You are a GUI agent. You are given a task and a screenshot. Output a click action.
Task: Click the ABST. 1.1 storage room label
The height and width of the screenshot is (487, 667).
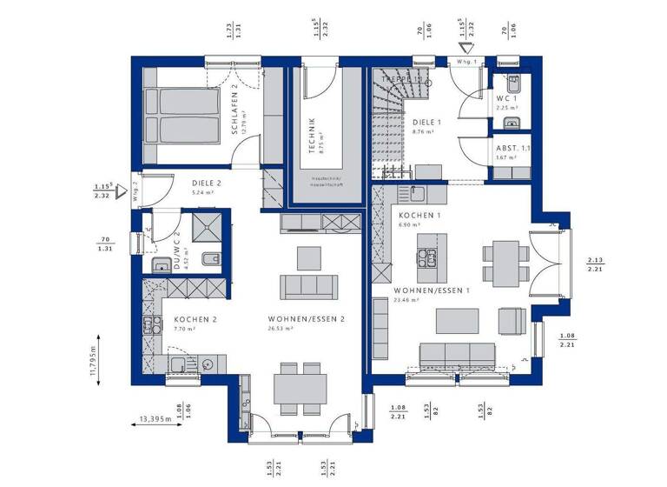pyautogui.click(x=512, y=149)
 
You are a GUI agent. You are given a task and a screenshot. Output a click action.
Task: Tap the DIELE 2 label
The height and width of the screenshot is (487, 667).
pyautogui.click(x=207, y=183)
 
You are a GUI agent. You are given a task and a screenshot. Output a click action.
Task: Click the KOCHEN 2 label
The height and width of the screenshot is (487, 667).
pyautogui.click(x=195, y=320)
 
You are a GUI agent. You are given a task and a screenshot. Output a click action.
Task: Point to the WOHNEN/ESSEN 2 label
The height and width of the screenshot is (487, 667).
pyautogui.click(x=307, y=320)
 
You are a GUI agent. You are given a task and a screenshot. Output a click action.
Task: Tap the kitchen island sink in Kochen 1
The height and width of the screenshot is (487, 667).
pyautogui.click(x=426, y=257)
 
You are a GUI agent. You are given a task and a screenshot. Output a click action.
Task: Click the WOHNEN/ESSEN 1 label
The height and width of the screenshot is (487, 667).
pyautogui.click(x=431, y=290)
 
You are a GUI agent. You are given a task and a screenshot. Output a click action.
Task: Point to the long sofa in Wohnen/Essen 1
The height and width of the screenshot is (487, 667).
pyautogui.click(x=457, y=353)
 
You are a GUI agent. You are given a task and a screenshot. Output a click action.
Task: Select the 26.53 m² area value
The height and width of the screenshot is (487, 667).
pyautogui.click(x=281, y=330)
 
